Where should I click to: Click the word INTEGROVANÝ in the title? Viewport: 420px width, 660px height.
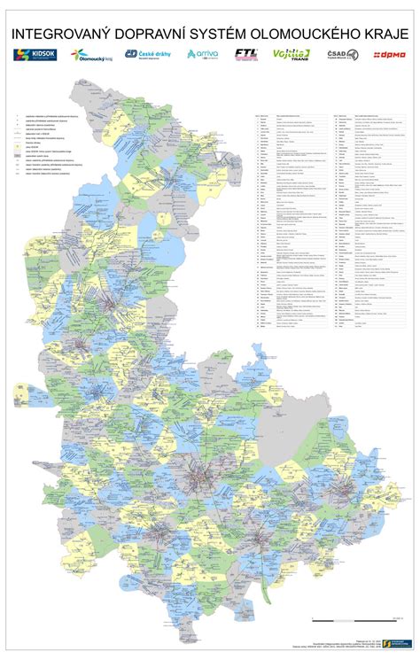click(x=61, y=33)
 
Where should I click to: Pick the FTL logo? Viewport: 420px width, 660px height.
click(x=246, y=55)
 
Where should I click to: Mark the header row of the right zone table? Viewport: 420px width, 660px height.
click(x=365, y=114)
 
